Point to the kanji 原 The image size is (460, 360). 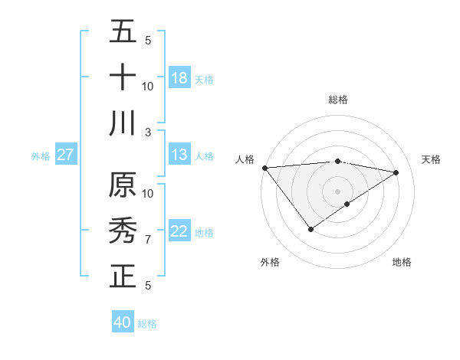point(123,185)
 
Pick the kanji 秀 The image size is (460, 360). point(123,231)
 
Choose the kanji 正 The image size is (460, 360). point(123,277)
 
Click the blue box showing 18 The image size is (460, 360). point(179,78)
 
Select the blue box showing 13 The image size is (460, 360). point(179,155)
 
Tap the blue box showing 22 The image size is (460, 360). point(179,231)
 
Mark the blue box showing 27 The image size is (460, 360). point(66,155)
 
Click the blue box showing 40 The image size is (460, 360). point(123,322)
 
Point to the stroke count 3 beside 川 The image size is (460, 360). point(148,132)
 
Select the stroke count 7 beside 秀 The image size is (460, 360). point(148,240)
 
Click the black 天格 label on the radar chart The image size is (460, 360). point(431,159)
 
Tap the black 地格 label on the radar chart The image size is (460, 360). point(402,262)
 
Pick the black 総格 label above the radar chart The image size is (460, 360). point(337,100)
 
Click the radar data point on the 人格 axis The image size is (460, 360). point(264,168)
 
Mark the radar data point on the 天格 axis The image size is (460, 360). point(396,172)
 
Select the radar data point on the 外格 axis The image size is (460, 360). point(310,229)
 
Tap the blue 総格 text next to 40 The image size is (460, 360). point(147,324)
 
